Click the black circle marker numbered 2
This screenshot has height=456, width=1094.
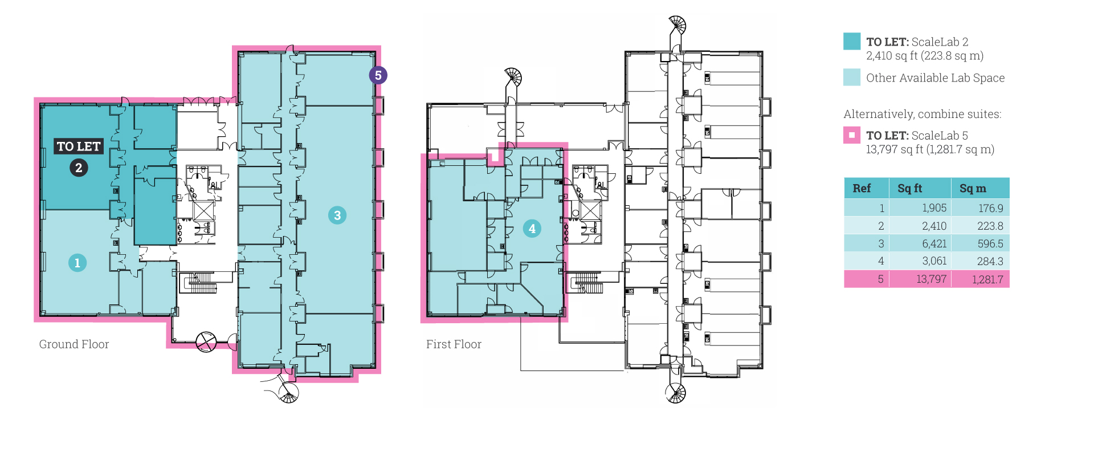pos(79,168)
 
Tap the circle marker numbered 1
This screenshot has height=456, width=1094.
pos(77,263)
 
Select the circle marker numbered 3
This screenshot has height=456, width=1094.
pos(337,215)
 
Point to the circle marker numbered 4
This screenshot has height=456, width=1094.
pos(532,229)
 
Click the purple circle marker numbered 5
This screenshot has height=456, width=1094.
pos(378,75)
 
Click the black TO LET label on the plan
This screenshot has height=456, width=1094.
pos(79,146)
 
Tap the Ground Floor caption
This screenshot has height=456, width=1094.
pos(74,344)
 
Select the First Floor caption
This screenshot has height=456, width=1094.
pos(454,344)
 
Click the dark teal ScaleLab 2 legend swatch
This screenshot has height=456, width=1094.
pos(852,41)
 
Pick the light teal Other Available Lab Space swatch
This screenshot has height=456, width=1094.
pos(852,77)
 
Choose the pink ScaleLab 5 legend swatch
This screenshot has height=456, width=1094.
pos(852,135)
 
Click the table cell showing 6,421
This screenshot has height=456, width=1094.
pos(920,243)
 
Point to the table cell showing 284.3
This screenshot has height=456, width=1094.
pos(980,261)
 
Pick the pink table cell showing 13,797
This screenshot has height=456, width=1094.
pos(920,279)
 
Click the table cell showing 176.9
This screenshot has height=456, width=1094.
pos(980,208)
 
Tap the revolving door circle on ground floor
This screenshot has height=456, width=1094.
pos(206,342)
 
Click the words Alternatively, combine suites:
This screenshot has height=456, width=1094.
pos(922,114)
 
